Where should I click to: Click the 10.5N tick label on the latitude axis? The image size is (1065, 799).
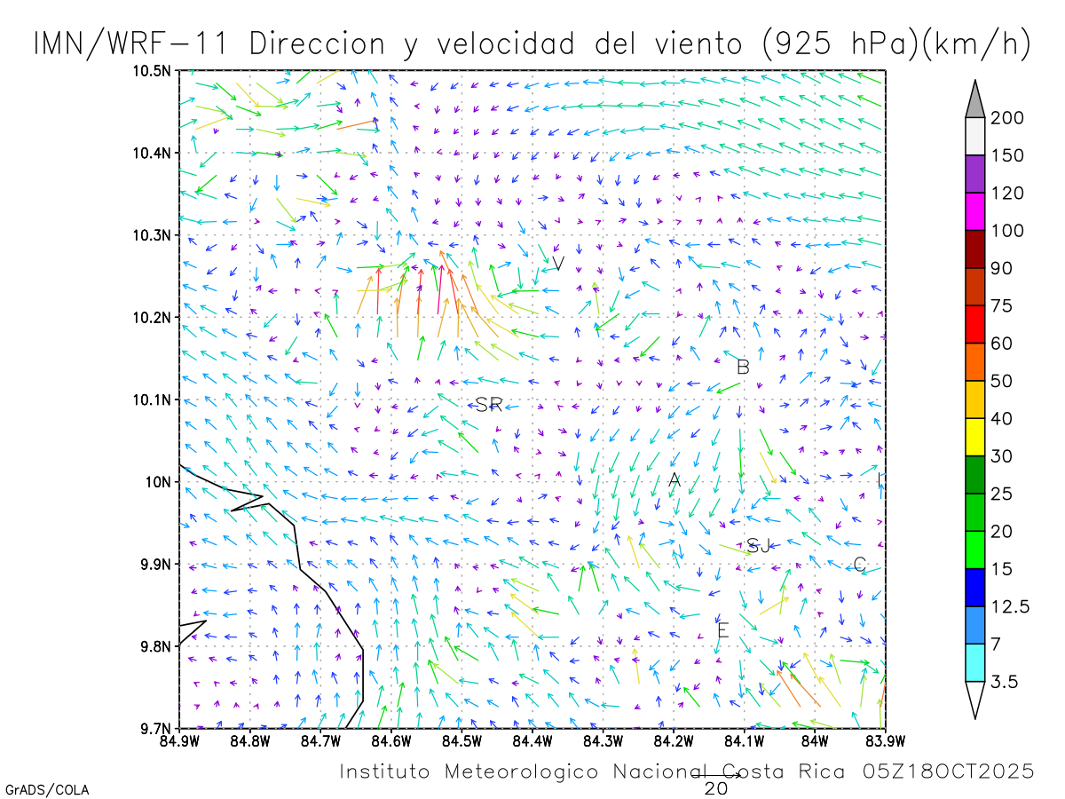click(153, 71)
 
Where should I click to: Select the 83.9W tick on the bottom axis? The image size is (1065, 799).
click(884, 740)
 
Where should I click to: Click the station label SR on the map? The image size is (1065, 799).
click(489, 405)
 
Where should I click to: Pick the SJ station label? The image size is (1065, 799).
click(759, 546)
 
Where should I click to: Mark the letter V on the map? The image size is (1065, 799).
click(558, 264)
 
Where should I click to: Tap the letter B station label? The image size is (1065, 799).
click(743, 367)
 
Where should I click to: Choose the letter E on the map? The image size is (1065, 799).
click(722, 631)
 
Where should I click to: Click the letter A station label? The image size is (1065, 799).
click(674, 480)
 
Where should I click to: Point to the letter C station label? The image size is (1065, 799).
click(859, 565)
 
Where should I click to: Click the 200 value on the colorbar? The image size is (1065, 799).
click(1007, 118)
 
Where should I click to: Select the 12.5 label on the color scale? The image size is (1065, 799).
click(1010, 607)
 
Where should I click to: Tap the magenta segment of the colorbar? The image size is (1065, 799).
click(975, 211)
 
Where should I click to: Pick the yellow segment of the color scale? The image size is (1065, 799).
click(975, 437)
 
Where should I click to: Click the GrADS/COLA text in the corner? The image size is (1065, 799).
click(47, 789)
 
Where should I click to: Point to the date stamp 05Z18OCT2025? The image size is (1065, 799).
click(949, 771)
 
